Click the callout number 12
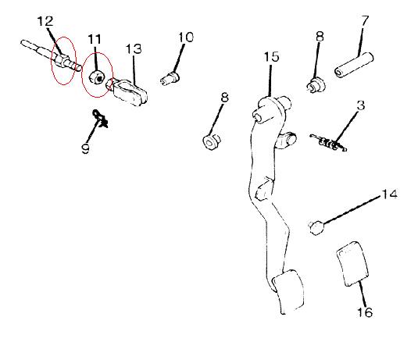coord(45,21)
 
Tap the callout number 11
coord(95,39)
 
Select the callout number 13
coord(134,48)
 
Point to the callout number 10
coord(186,37)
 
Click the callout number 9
coord(86,148)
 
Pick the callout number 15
coord(271,57)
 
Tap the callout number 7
coord(365,20)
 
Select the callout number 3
coord(361,105)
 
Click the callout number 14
coord(389,194)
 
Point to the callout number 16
coord(365,312)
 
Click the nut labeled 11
coord(96,77)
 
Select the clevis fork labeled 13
coord(127,91)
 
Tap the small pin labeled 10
coord(170,77)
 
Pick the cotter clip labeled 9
coord(100,118)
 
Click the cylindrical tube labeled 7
coord(354,65)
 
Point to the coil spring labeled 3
coord(328,143)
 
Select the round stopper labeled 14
coord(316,228)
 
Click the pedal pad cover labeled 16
coord(352,264)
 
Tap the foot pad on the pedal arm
coord(288,291)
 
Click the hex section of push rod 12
coord(61,59)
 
